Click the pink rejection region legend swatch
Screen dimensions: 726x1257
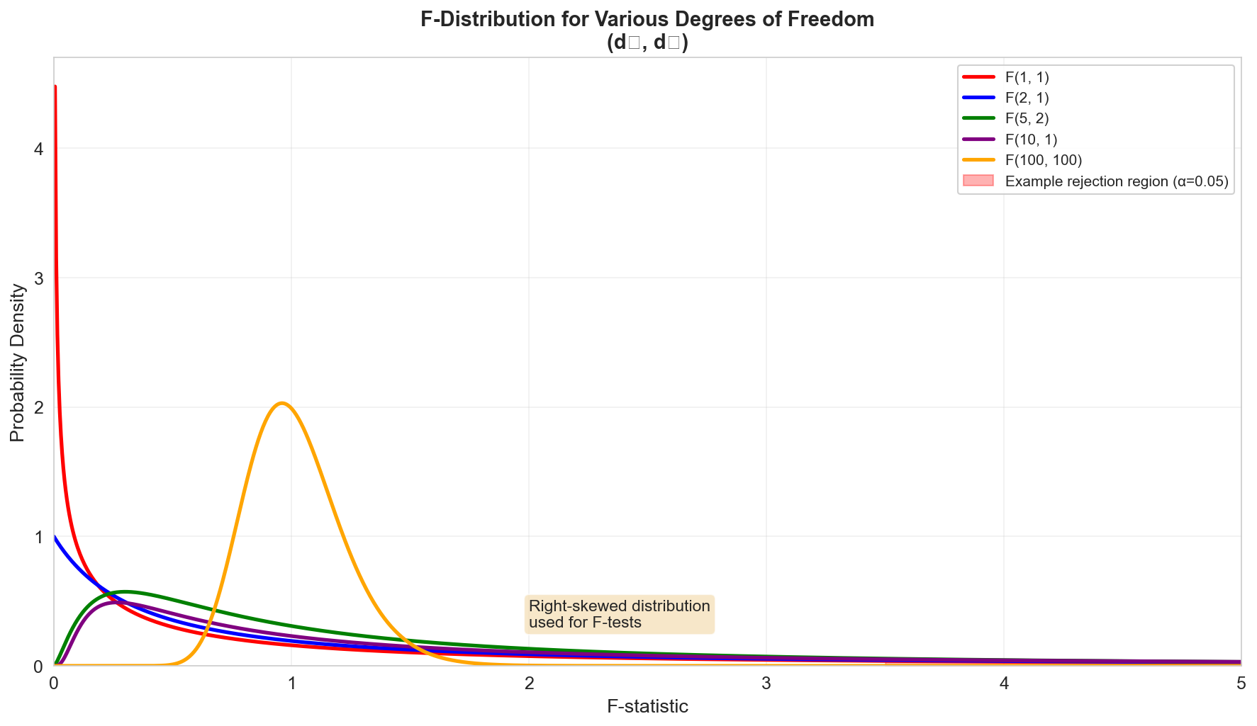point(978,181)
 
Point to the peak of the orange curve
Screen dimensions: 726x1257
point(282,403)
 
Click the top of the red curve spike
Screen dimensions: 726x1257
point(55,86)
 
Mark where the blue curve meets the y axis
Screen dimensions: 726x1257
point(55,537)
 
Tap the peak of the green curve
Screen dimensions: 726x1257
point(125,591)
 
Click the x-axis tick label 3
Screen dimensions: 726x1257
point(766,684)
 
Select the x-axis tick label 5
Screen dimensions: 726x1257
point(1241,684)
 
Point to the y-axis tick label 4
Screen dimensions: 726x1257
point(39,149)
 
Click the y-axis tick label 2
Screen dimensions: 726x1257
point(39,407)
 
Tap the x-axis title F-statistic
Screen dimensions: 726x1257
point(647,707)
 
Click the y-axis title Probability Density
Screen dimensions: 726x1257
point(18,362)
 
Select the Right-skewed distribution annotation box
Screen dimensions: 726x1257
point(620,614)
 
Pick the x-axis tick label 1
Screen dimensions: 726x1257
point(291,684)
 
